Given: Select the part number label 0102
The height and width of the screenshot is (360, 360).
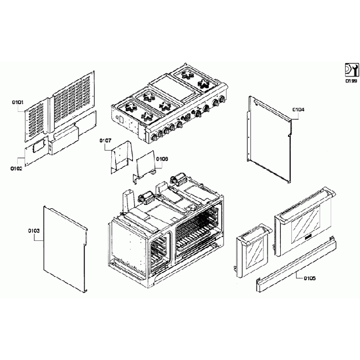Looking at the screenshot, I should point(17,168).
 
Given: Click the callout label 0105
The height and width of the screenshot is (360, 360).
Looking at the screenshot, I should point(309,278).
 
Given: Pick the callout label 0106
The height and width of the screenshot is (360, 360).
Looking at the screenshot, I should point(162,159).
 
